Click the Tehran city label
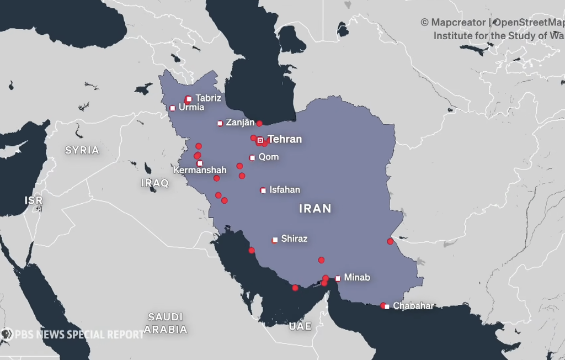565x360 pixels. pos(285,139)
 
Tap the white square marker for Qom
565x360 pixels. pos(252,158)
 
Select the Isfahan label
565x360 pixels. pos(285,190)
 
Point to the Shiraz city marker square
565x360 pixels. pos(275,240)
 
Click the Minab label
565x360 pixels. pos(357,278)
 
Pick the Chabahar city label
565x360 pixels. pos(413,306)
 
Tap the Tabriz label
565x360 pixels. pos(208,98)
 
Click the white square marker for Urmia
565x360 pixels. pos(173,108)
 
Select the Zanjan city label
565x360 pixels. pos(241,123)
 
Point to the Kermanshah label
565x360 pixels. pos(200,171)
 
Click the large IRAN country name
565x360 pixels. pos(315,209)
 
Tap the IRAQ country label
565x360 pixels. pos(155,183)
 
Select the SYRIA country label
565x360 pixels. pos(82,150)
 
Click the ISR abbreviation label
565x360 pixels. pos(34,200)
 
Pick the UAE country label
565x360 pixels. pos(300,326)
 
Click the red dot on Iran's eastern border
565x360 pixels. pos(390,241)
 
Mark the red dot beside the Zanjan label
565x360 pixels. pos(259,124)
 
